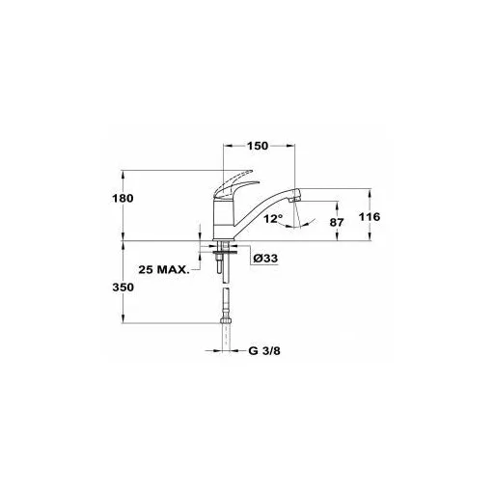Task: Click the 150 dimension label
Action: pyautogui.click(x=258, y=146)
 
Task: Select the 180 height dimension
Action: pyautogui.click(x=123, y=198)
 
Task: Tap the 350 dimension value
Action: pyautogui.click(x=123, y=287)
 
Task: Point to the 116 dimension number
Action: pyautogui.click(x=370, y=217)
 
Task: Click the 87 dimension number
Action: pyautogui.click(x=337, y=222)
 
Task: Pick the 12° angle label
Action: pyautogui.click(x=273, y=219)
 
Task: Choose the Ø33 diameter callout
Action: pyautogui.click(x=265, y=258)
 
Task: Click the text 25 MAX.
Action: pyautogui.click(x=164, y=269)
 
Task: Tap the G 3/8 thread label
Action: pyautogui.click(x=264, y=350)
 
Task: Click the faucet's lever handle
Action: pyautogui.click(x=234, y=186)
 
